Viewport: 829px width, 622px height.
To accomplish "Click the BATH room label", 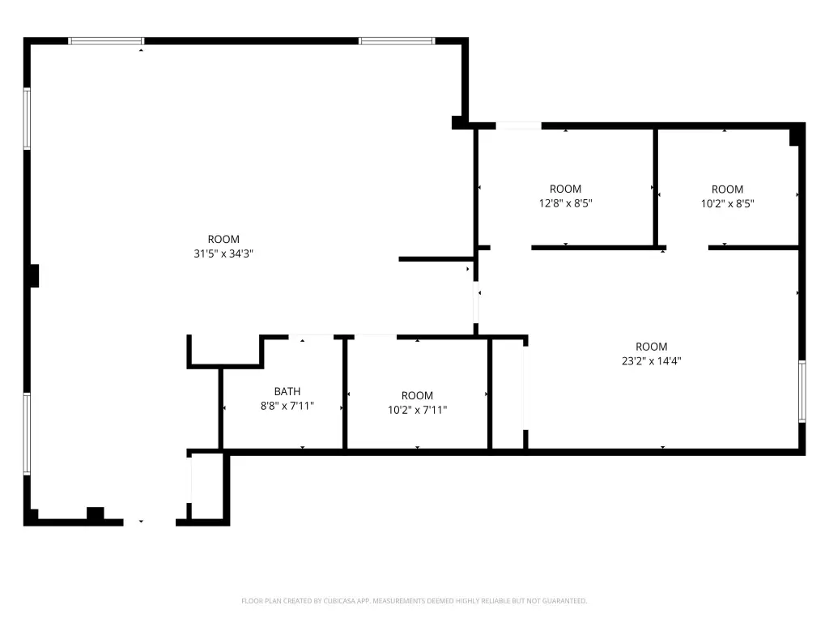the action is pyautogui.click(x=287, y=391).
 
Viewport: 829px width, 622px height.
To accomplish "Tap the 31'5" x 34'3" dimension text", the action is pyautogui.click(x=223, y=253).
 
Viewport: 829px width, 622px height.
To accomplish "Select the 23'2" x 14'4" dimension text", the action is pyautogui.click(x=652, y=360).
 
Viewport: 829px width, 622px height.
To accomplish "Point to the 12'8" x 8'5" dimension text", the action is pyautogui.click(x=566, y=203).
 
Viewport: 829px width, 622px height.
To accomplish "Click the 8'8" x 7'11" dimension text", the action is pyautogui.click(x=287, y=406).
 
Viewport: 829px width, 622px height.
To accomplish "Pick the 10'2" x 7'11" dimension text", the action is pyautogui.click(x=417, y=409).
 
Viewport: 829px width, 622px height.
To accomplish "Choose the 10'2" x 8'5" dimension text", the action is pyautogui.click(x=728, y=203).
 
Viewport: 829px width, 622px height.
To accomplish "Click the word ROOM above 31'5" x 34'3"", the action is pyautogui.click(x=223, y=239).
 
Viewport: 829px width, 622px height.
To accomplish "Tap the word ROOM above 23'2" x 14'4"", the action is pyautogui.click(x=652, y=347).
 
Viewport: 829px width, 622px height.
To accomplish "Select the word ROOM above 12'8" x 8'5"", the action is pyautogui.click(x=566, y=189).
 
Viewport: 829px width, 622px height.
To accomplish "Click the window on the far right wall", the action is pyautogui.click(x=802, y=391).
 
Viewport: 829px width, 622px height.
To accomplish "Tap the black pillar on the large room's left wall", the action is pyautogui.click(x=34, y=275).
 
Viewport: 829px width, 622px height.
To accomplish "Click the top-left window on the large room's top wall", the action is pyautogui.click(x=106, y=40).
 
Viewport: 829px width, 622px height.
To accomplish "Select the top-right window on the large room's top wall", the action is pyautogui.click(x=397, y=40).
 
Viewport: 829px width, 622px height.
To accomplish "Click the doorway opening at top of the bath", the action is pyautogui.click(x=311, y=336).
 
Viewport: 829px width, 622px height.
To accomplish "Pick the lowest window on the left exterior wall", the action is pyautogui.click(x=27, y=434).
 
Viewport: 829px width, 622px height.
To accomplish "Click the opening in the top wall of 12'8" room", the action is pyautogui.click(x=519, y=126).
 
